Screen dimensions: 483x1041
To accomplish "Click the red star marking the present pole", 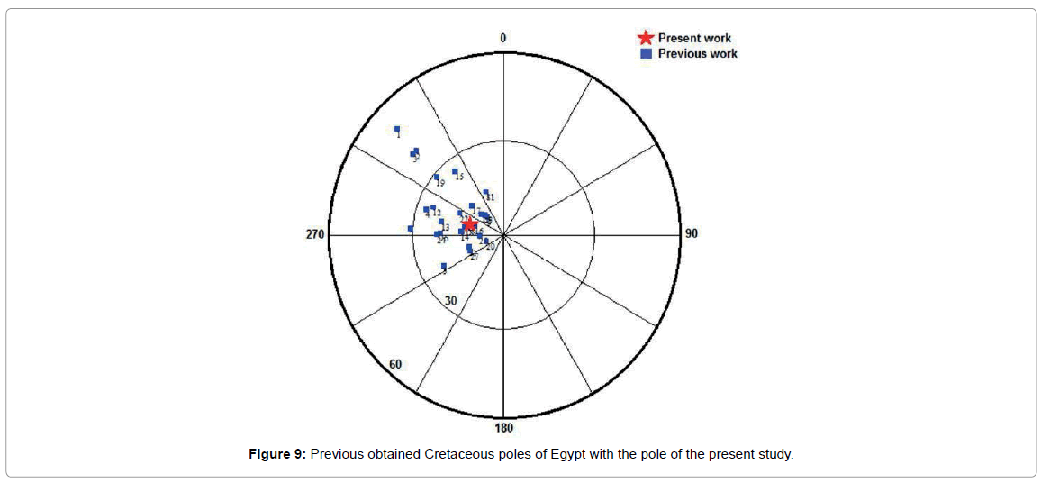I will point(469,224).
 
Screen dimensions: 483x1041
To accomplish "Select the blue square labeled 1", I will point(397,129).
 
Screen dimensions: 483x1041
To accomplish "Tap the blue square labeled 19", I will point(437,178).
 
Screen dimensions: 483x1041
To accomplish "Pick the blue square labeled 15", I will point(455,171).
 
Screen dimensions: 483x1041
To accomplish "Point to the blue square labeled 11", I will point(486,192).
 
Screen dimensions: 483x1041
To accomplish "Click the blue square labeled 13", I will point(441,222).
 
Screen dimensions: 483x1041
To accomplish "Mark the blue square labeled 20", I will point(486,241).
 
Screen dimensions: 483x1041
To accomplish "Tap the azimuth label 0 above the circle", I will point(503,38).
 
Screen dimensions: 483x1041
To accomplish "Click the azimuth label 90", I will point(692,234).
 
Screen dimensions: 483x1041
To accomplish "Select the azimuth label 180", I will point(503,428).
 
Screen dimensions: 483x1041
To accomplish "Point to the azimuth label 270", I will point(315,234).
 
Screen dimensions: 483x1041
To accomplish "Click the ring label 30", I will point(451,300).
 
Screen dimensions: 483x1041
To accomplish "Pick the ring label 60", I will point(395,365).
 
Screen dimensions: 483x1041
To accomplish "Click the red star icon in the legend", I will point(645,38).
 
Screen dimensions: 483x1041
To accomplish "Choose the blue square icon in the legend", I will point(646,53).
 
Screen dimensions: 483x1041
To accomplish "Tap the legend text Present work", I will point(694,38).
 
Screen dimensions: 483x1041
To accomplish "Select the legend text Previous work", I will point(697,53).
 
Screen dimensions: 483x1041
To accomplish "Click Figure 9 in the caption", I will point(277,454).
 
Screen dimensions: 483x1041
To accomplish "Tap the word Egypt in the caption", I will point(567,454).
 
